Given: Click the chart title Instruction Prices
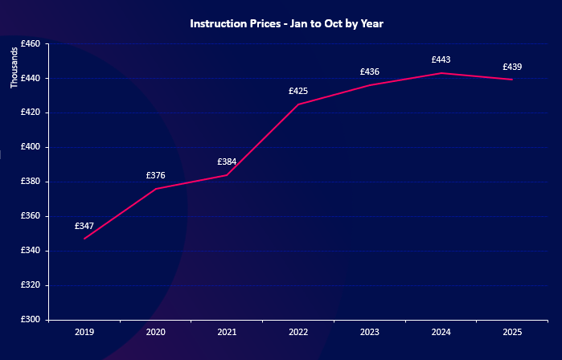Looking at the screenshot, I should point(286,24).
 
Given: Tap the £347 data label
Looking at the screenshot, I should point(84,227).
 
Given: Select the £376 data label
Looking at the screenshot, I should point(155,175).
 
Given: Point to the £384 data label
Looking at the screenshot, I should point(227,162).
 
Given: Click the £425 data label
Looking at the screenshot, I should point(298,91).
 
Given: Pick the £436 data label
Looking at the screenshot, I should point(370,72).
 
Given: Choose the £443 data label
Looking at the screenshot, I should point(441,59).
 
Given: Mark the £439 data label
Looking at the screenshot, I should point(512,67).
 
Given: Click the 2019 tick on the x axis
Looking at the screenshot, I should point(84,331).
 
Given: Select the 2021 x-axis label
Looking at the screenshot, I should point(227,331).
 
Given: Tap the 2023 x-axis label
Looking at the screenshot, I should point(370,331).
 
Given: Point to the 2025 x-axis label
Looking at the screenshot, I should point(512,331).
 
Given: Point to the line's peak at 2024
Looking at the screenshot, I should point(441,73).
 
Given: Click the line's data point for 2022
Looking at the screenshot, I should point(298,104).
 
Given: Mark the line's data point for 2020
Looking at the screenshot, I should point(155,189).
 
